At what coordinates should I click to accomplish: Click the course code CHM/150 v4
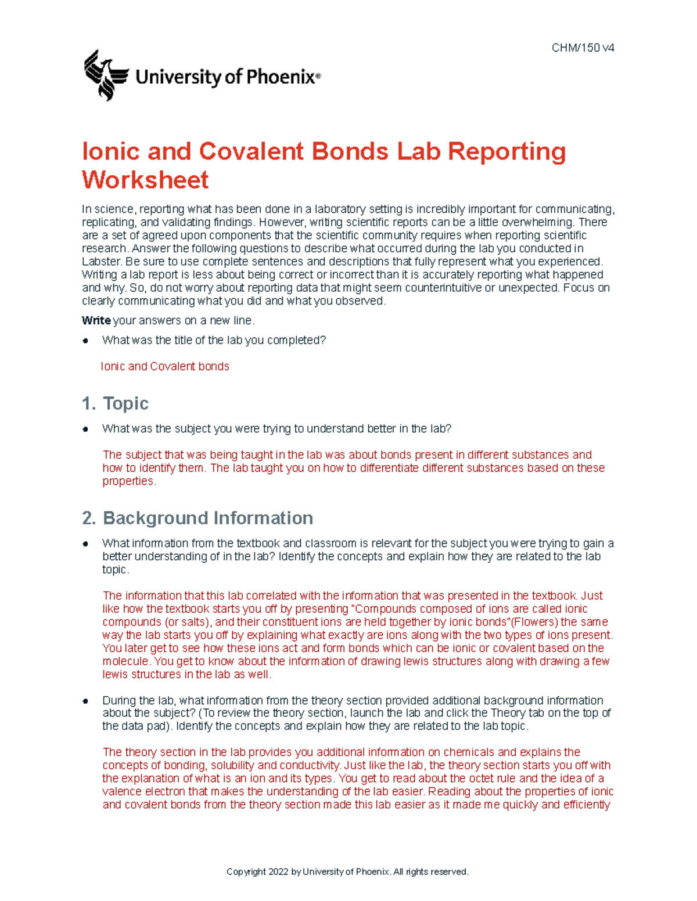(x=583, y=48)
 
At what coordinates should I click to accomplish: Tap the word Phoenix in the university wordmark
(x=281, y=77)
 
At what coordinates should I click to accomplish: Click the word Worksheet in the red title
(x=145, y=180)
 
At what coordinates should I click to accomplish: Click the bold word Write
(x=96, y=320)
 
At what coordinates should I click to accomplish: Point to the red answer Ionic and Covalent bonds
(x=165, y=366)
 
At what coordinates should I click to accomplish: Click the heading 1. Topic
(x=116, y=403)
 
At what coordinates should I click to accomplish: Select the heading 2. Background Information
(x=197, y=518)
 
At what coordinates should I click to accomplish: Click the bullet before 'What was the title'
(x=85, y=341)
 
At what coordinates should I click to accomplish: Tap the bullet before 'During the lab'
(x=85, y=701)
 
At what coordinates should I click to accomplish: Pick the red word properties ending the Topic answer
(x=128, y=481)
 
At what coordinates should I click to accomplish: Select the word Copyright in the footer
(x=246, y=871)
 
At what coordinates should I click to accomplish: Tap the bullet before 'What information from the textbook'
(x=85, y=544)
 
